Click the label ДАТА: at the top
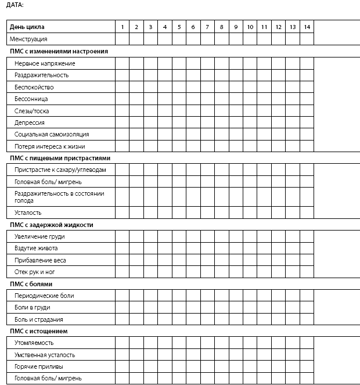15,5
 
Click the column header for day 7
207,27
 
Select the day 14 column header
307,27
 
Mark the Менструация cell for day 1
122,39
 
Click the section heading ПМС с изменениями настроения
59,51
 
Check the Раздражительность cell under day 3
150,75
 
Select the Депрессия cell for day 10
250,123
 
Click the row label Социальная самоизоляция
52,134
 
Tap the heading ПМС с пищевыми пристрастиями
60,158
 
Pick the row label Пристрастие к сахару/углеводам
60,170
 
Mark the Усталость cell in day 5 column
179,213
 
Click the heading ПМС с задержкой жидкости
51,225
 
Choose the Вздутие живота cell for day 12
278,248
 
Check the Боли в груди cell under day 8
221,307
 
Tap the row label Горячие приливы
39,366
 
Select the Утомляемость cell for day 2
136,343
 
